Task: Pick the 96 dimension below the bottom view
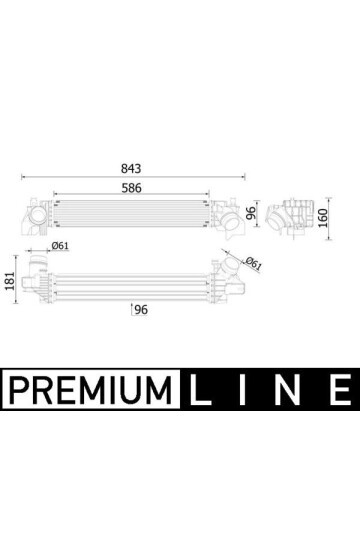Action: tap(141, 310)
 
